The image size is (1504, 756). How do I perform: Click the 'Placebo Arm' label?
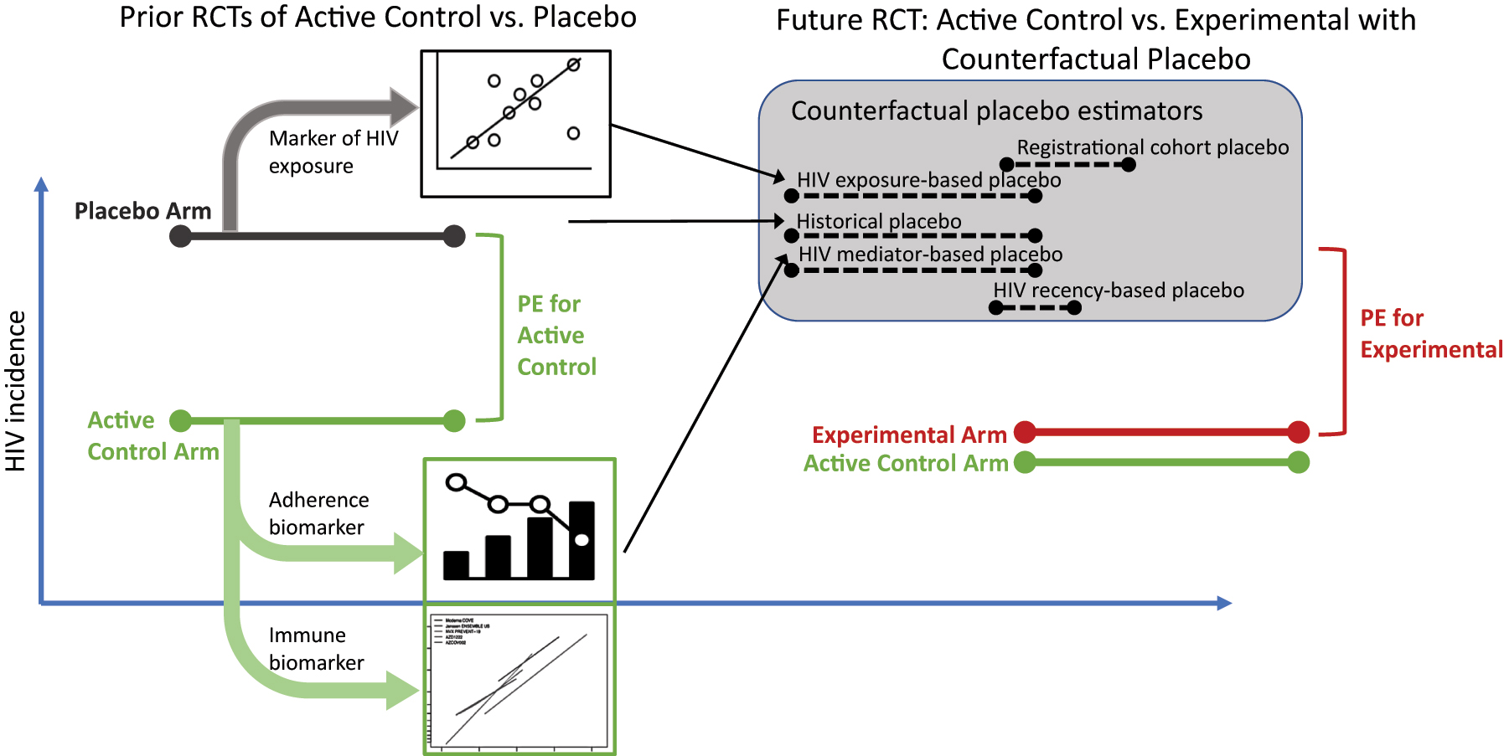[142, 210]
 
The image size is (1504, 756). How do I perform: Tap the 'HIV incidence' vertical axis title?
[16, 390]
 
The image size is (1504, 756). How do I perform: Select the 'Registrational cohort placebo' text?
[1152, 147]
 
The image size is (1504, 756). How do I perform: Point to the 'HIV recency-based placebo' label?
[1118, 291]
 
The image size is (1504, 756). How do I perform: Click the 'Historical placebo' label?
[878, 221]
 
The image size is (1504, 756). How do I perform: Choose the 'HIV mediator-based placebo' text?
[930, 255]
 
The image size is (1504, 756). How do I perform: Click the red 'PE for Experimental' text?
[1430, 334]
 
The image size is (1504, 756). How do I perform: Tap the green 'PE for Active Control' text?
[556, 335]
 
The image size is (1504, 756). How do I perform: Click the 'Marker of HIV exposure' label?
[333, 152]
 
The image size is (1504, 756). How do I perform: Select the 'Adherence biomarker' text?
[318, 513]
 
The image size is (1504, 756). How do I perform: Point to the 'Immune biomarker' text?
[316, 649]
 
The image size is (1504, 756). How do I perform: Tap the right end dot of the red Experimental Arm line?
[1298, 432]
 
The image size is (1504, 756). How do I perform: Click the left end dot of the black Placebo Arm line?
[180, 236]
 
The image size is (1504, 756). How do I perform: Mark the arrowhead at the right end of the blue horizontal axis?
[1224, 603]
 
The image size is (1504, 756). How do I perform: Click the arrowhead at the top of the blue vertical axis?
[41, 184]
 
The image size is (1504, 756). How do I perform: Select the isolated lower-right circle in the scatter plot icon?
[573, 133]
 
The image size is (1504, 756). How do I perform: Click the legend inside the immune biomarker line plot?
[460, 631]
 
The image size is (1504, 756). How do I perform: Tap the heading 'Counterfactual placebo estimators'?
[996, 111]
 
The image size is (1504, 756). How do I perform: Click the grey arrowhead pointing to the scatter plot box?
[405, 106]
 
